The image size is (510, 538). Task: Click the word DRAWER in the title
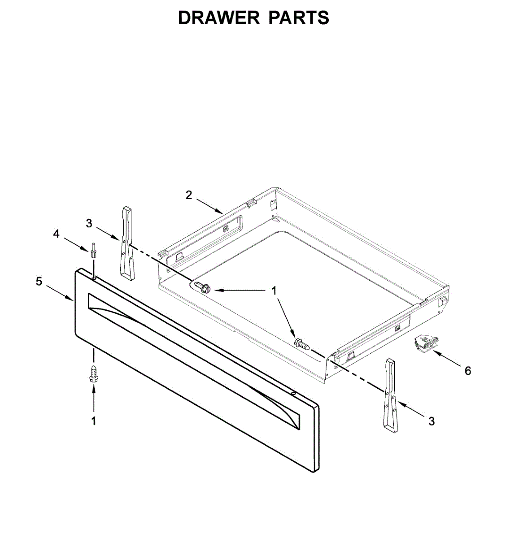tap(218, 18)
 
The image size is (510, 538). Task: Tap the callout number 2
tap(189, 195)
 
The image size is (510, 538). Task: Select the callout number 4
tap(56, 234)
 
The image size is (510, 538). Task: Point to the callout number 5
tap(39, 282)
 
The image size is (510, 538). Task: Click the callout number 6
tap(468, 371)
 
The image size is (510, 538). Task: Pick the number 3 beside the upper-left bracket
tap(89, 223)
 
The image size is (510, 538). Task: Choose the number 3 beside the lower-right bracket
tap(432, 421)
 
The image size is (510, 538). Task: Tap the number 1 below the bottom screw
tap(94, 421)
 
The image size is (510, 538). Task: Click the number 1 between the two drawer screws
tap(274, 291)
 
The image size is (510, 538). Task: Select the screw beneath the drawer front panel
tap(94, 373)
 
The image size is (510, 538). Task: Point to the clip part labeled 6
tap(424, 344)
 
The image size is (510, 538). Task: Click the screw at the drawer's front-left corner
tap(203, 286)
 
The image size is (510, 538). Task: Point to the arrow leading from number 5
tap(59, 292)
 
